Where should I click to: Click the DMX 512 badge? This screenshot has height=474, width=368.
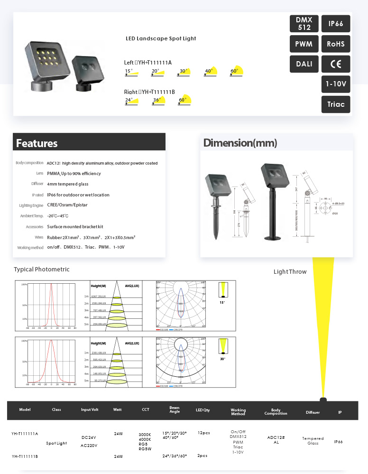[x=304, y=24]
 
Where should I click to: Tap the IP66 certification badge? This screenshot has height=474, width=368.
[x=336, y=24]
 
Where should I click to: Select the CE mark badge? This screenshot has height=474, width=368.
[x=336, y=64]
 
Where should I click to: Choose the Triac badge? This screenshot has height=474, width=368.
[x=336, y=104]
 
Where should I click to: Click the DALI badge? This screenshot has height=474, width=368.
[x=304, y=64]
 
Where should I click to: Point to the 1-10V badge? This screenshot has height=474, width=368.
[x=336, y=84]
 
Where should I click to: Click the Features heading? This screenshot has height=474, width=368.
[x=37, y=143]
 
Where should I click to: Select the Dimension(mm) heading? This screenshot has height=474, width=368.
[x=240, y=143]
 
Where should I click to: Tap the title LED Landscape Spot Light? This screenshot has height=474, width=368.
[x=161, y=38]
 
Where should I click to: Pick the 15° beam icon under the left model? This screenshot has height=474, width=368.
[x=131, y=72]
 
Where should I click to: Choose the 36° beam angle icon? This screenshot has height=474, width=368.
[x=158, y=101]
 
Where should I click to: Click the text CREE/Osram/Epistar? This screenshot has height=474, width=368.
[x=67, y=205]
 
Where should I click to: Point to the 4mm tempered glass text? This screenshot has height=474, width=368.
[x=68, y=184]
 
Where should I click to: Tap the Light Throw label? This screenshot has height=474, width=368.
[x=290, y=272]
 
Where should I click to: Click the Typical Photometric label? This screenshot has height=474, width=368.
[x=42, y=270]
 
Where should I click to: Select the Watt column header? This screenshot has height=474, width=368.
[x=118, y=409]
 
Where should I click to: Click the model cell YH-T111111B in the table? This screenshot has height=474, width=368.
[x=25, y=456]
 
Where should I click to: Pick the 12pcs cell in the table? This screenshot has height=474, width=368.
[x=203, y=433]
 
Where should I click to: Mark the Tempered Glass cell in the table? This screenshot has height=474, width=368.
[x=313, y=441]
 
